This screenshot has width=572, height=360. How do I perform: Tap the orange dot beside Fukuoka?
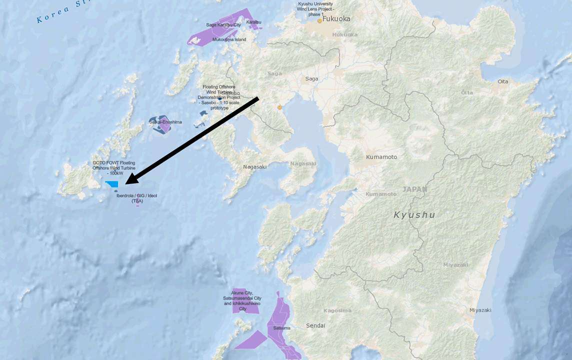tap(319, 21)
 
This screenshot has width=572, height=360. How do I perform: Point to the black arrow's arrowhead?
tap(127, 181)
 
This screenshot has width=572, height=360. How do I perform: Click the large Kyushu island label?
tap(414, 215)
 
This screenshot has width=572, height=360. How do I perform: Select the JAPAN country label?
tap(415, 189)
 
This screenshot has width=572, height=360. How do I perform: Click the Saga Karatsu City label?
tap(223, 24)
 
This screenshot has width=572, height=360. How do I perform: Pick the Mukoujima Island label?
tap(229, 39)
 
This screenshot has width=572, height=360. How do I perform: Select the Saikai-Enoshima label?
tap(165, 122)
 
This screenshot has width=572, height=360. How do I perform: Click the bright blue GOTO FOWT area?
tap(112, 184)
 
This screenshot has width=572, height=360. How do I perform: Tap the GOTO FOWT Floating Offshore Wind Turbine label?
tap(114, 168)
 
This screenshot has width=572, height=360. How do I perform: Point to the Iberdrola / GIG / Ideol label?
tap(136, 198)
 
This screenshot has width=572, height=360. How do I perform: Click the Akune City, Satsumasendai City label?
tap(242, 300)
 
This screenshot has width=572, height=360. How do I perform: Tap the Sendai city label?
tap(315, 325)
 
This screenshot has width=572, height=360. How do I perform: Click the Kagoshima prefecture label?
tap(337, 310)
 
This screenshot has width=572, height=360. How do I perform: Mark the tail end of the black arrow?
tap(257, 98)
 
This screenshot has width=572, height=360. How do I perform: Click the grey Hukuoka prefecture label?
tap(345, 34)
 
